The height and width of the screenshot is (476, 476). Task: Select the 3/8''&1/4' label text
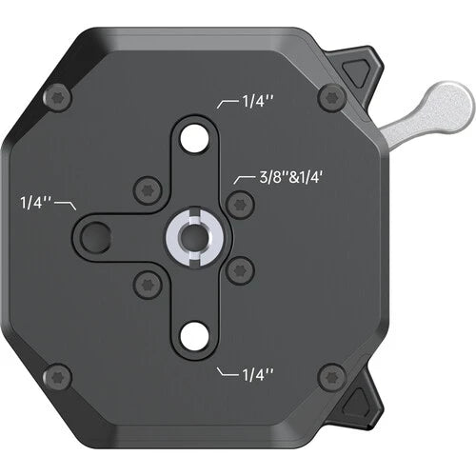click(287, 178)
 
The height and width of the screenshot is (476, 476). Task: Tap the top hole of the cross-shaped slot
click(194, 135)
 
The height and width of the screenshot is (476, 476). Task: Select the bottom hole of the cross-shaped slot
click(194, 333)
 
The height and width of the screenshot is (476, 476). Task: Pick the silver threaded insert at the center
click(193, 234)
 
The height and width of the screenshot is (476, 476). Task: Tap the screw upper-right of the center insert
click(240, 202)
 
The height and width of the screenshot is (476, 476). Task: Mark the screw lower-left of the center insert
click(146, 281)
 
